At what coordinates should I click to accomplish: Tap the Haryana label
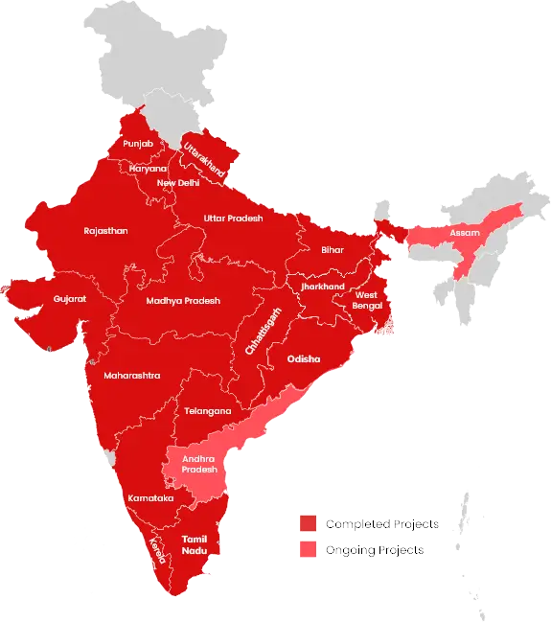[148, 169]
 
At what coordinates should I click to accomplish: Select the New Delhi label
[178, 183]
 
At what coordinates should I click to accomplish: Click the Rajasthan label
[105, 231]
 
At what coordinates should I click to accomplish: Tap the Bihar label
[332, 249]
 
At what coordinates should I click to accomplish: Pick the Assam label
[465, 233]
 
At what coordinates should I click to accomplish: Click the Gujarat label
[70, 299]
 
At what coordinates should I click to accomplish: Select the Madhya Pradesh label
[183, 301]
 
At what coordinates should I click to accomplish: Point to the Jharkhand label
[321, 287]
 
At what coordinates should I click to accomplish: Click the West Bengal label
[366, 299]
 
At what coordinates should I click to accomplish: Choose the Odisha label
[303, 359]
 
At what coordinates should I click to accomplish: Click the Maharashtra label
[132, 375]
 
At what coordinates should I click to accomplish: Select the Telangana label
[208, 411]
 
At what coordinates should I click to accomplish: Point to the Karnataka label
[150, 498]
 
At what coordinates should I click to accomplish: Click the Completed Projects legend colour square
[308, 524]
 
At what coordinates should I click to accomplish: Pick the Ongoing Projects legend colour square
[308, 551]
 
